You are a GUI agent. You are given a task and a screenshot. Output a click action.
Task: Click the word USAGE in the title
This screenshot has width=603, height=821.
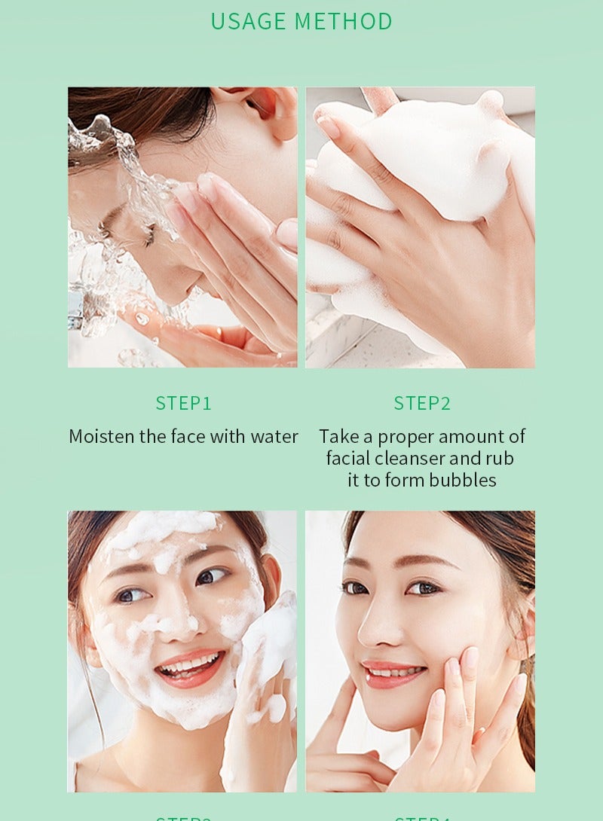coord(248,21)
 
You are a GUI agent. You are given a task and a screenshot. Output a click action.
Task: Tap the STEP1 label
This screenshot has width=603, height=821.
coord(183,404)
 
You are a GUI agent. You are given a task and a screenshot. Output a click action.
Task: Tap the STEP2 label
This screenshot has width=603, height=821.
coord(421,404)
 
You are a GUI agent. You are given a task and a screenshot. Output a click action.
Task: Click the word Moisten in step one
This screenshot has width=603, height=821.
coord(102,436)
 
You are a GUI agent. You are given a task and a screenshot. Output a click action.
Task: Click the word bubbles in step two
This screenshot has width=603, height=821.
coord(459,480)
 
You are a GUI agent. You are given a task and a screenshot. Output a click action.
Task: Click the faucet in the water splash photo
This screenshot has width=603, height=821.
coord(75,309)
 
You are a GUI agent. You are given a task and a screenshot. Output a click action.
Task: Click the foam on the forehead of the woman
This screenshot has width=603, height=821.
coord(162,527)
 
